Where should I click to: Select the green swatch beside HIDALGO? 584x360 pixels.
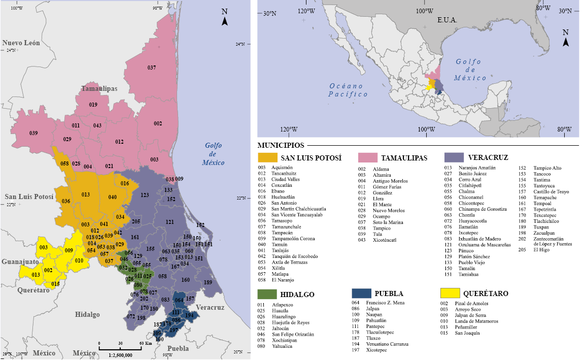coord(267,294)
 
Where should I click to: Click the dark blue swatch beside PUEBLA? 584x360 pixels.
coord(361,293)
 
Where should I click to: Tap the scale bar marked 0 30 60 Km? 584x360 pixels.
coord(120,348)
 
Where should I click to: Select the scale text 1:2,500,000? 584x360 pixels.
coord(120,355)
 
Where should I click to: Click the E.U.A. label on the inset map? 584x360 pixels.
coord(447,20)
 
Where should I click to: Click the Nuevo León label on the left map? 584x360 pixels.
coord(21,43)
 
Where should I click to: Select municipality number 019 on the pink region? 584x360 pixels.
coord(93,105)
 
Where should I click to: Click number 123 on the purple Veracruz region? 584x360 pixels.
coord(145,195)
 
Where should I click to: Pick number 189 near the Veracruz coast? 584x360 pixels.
coord(208,282)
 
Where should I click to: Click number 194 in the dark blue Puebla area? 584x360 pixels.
coord(189,315)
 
